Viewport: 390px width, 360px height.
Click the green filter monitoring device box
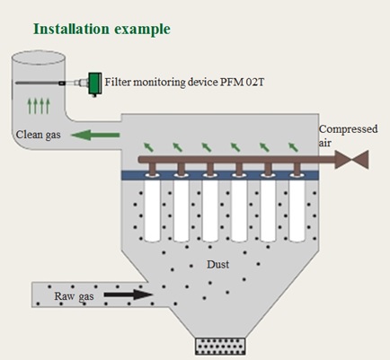click(95, 83)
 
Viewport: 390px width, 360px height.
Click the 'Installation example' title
click(102, 30)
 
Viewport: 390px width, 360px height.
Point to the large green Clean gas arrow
click(95, 135)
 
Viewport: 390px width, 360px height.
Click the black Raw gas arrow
click(129, 294)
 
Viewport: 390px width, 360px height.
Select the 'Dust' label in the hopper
click(217, 264)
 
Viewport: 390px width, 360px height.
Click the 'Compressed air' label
click(348, 136)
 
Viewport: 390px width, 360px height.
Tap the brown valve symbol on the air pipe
click(351, 160)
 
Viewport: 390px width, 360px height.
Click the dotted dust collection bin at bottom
click(220, 347)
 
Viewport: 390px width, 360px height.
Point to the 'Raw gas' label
click(74, 296)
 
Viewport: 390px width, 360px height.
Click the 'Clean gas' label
click(38, 135)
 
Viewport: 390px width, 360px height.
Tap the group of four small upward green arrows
click(39, 106)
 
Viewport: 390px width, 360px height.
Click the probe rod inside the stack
click(38, 83)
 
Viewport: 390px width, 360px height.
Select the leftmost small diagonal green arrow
click(149, 147)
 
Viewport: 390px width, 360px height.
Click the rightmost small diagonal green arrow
click(293, 147)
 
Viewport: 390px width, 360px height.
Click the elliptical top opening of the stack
click(38, 57)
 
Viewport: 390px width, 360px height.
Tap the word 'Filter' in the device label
click(118, 82)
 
